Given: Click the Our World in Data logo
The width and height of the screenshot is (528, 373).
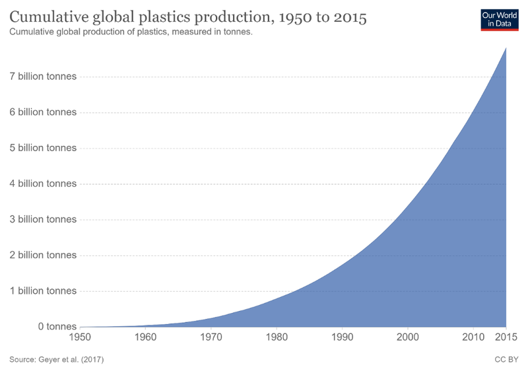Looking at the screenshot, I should (x=499, y=20).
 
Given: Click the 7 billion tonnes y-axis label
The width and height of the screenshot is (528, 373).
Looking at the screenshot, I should (x=44, y=77).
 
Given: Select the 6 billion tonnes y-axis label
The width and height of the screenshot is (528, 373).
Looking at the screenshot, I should (x=44, y=112).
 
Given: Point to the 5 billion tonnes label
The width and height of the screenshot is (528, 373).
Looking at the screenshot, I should (x=44, y=148).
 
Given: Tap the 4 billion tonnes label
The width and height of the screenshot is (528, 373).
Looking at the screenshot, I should (x=44, y=184).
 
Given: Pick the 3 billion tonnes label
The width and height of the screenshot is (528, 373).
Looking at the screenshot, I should (x=44, y=219).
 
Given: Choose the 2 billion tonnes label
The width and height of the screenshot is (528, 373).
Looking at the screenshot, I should (x=44, y=255).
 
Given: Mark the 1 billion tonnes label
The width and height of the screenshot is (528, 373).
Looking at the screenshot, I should (x=44, y=290).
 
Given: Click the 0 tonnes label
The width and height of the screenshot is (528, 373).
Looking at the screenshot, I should (x=57, y=326).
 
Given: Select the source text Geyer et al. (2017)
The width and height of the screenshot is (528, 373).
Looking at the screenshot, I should (x=57, y=360).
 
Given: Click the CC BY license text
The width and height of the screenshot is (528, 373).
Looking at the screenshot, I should (x=506, y=360).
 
